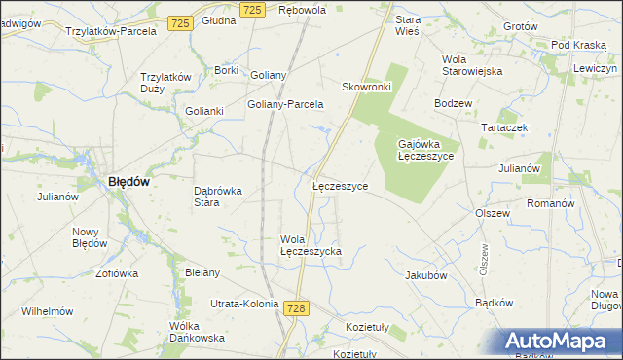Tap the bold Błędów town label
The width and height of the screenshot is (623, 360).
coord(128,181)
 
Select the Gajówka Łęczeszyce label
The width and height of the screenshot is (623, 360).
coord(425,150)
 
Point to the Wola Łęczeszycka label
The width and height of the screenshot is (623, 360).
coord(311,245)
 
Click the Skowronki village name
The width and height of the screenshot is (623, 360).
coord(366,87)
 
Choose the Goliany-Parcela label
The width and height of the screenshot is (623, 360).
coord(285,105)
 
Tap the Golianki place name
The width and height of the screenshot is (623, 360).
coord(205,111)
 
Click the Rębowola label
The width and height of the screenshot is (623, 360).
coord(302,10)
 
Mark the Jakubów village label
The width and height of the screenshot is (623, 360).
coord(425,275)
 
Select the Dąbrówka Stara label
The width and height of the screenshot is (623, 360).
coord(218,197)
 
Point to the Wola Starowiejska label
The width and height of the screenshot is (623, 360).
coord(471,64)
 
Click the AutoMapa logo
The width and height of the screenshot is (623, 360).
coord(559,342)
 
